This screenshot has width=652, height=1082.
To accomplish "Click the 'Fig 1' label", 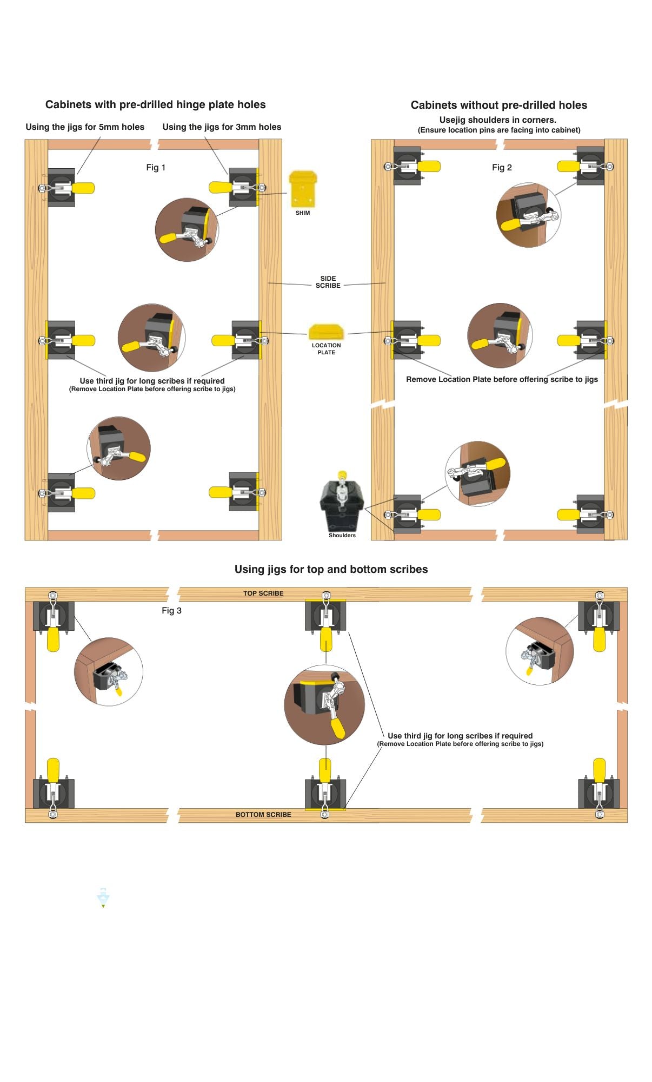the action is pos(156,168).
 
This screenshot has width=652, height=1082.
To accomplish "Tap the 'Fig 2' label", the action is pos(502,168).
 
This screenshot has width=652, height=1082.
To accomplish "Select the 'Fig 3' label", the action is pos(171,611).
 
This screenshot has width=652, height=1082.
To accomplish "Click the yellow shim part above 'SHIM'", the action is pos(303,189).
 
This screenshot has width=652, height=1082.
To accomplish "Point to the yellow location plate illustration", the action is pos(326,332).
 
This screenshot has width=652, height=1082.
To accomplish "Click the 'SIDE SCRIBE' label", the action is pos(328,282).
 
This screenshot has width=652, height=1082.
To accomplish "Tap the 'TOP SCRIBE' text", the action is pos(263,593).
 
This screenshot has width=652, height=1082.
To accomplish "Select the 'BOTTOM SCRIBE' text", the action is pos(263,815).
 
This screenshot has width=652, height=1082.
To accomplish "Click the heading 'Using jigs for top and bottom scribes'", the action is pos(331,569).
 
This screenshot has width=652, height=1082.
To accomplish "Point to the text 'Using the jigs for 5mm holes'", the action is pos(85,127).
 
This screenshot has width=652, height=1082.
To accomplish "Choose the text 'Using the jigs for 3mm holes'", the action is pos(222,127).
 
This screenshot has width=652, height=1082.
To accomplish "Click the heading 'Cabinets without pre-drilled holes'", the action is pos(498,105).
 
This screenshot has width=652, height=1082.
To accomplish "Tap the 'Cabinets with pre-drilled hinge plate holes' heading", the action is pos(156,104).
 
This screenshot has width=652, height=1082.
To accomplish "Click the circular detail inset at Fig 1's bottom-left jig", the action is pos(119,448).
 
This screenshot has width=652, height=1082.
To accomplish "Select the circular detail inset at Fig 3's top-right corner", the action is pos(540,651).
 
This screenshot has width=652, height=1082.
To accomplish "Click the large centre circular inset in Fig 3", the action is pos(324,705).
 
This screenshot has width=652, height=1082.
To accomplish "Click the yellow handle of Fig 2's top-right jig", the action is pos(569,167).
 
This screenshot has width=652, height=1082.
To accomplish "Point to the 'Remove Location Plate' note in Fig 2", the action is pos(502,379).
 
